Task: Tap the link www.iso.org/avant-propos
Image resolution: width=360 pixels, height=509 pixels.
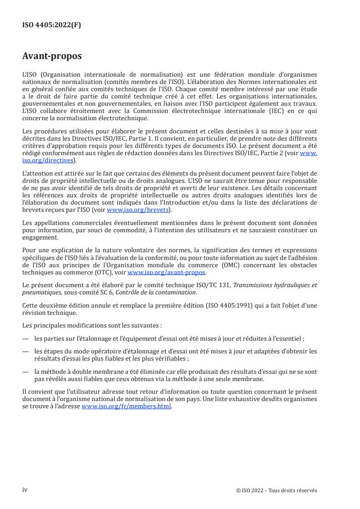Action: (x=167, y=272)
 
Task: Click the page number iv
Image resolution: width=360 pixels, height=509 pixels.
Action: (x=25, y=489)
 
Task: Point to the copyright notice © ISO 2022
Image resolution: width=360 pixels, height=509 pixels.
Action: (x=276, y=490)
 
